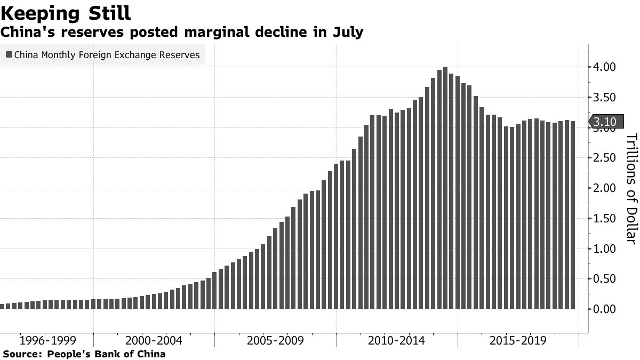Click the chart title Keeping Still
tap(66, 13)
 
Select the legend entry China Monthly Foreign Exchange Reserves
tap(107, 54)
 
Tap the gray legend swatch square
tap(9, 54)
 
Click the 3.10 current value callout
tap(604, 122)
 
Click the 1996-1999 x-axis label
tap(47, 341)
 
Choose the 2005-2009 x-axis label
tap(276, 341)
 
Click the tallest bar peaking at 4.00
tap(445, 187)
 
